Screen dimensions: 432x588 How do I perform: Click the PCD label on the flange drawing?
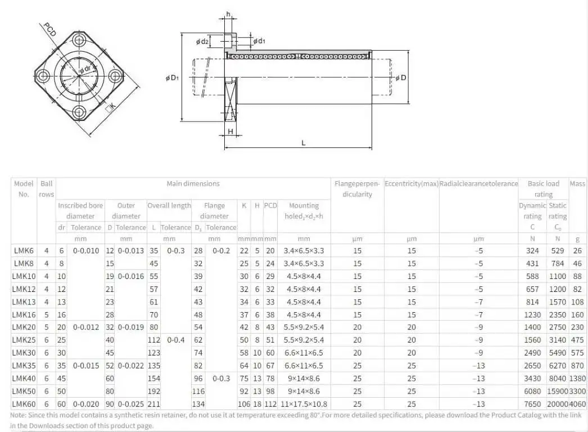tap(49, 29)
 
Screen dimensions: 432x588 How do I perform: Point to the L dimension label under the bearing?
tap(304, 143)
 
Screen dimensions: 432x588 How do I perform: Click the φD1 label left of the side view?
tap(172, 78)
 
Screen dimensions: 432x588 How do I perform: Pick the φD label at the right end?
tap(400, 78)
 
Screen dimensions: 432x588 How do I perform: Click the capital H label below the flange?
tap(230, 131)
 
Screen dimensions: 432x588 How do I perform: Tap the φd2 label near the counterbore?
tap(202, 42)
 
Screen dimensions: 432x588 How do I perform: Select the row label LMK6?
tap(24, 251)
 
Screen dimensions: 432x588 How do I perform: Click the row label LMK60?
tap(25, 404)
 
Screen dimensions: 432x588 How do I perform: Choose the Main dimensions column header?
tap(193, 183)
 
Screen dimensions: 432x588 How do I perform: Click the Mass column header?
tap(577, 183)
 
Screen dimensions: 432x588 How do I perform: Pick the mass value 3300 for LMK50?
tap(577, 391)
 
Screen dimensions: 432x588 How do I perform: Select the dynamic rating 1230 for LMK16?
tap(532, 315)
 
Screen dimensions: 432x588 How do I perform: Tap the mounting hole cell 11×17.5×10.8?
tap(304, 404)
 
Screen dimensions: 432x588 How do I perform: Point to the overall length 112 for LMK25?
tap(153, 340)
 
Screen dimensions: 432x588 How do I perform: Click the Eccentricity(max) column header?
tap(411, 183)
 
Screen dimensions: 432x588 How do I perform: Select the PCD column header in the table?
tap(270, 205)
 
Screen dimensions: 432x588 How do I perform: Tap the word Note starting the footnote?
tap(19, 415)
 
